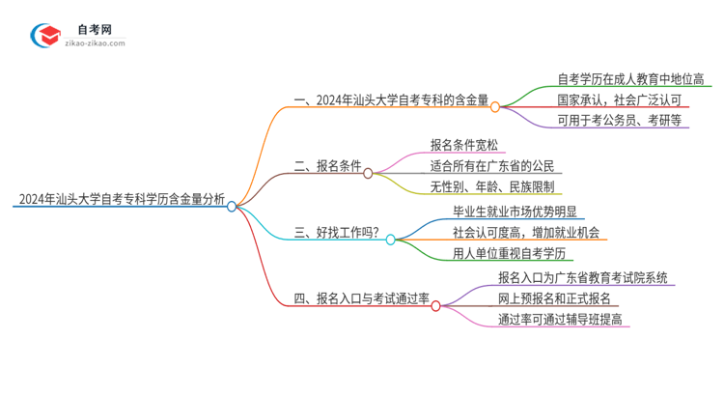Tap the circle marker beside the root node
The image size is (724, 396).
coord(232,206)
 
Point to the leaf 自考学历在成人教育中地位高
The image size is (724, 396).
coord(630,79)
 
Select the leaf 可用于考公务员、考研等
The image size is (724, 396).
coord(619,121)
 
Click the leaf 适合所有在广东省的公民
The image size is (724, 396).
coord(493,166)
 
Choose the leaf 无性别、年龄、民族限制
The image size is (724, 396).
coord(492,186)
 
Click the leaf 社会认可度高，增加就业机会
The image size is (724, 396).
coord(526,232)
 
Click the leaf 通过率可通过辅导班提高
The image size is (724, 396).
coord(561,319)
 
